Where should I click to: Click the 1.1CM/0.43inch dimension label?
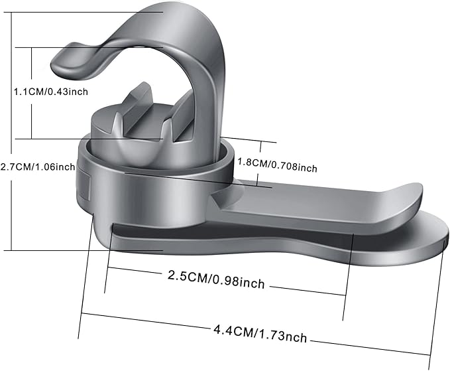click(x=51, y=92)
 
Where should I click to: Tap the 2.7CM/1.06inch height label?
click(x=38, y=167)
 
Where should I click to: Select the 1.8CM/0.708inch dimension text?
click(x=277, y=165)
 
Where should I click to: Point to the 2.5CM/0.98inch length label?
click(x=216, y=279)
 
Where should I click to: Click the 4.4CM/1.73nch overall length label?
click(x=260, y=333)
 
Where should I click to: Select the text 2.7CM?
click(x=15, y=167)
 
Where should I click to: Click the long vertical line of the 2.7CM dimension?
click(x=11, y=131)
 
